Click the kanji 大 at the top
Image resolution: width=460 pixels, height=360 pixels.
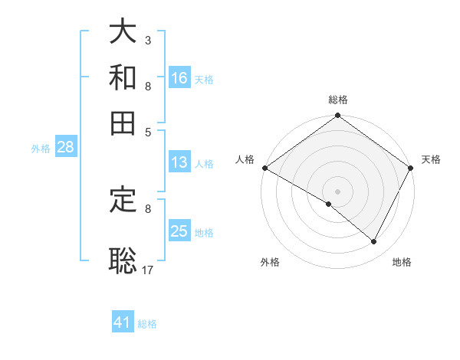coord(123,32)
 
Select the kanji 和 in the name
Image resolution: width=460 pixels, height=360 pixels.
coord(123,78)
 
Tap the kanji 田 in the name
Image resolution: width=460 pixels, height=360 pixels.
coord(123,123)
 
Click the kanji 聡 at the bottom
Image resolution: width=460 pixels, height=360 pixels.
coord(123,260)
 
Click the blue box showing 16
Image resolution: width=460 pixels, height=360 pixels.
coord(179,77)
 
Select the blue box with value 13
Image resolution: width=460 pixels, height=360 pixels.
coord(179,162)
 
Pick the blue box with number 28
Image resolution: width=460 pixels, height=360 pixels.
coord(65,148)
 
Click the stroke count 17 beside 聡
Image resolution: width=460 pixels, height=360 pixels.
coord(148,269)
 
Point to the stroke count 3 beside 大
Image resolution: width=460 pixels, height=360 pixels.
coord(147,40)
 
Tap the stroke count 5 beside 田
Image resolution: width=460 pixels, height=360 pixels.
coord(147,131)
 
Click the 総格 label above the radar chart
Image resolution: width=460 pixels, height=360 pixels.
coord(337,100)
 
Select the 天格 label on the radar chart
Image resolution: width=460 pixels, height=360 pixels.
coord(431,159)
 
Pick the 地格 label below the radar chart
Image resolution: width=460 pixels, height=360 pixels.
coord(402,262)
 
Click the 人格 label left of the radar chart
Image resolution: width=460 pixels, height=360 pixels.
coord(245,159)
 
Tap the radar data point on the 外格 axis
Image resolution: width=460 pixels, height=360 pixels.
coord(329,204)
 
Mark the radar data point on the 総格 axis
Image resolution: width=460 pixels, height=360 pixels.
coord(337,116)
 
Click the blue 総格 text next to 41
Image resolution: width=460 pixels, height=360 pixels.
coord(147,324)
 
